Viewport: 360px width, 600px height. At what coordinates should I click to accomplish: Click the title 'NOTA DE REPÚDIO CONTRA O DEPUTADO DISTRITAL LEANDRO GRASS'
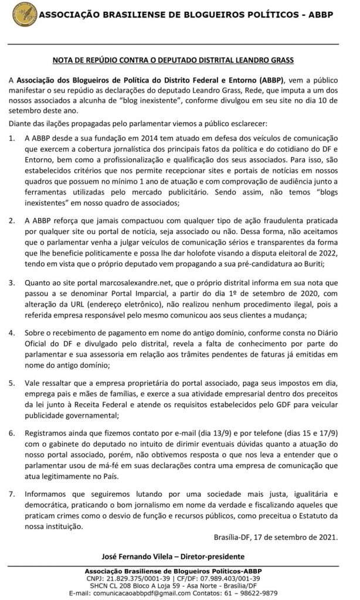click(180, 60)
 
